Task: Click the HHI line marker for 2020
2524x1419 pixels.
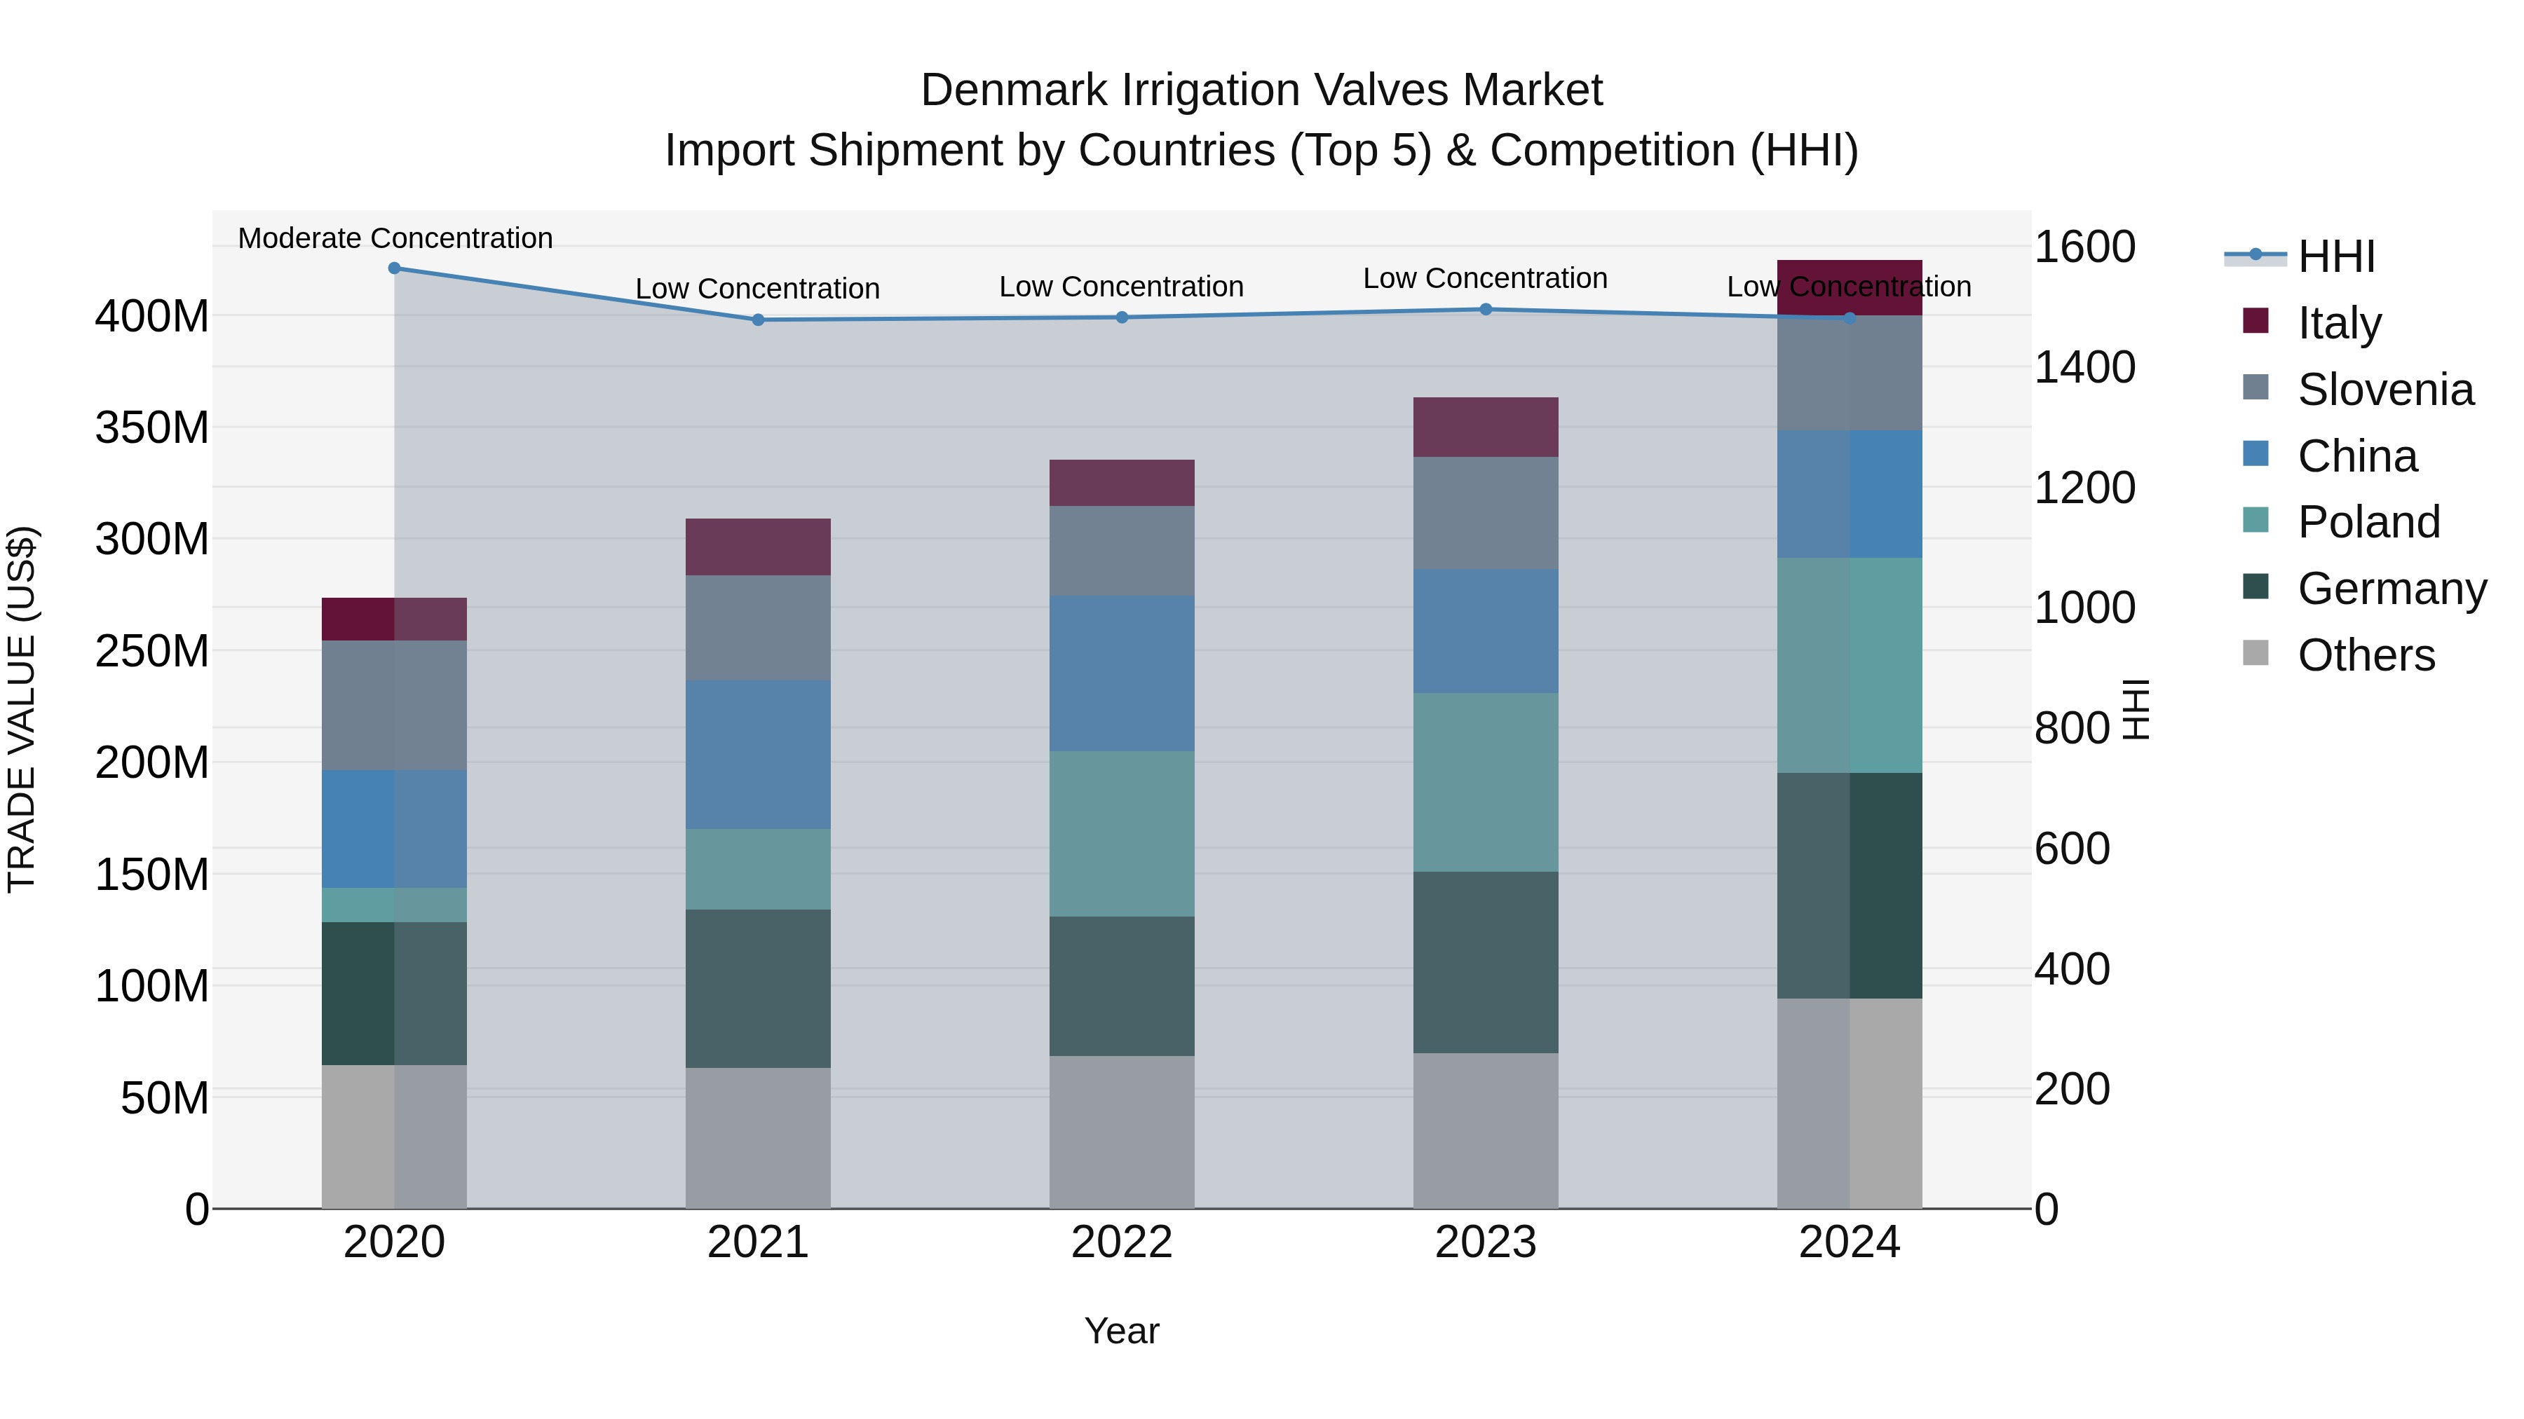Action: (394, 268)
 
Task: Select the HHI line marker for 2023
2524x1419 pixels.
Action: (1486, 310)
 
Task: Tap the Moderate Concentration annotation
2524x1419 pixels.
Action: (395, 238)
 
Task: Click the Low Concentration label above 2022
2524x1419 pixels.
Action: (1121, 287)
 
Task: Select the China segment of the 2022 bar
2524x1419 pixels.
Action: (1121, 673)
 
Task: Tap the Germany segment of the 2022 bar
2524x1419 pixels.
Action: (1121, 985)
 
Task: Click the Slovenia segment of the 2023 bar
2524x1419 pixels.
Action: (1486, 512)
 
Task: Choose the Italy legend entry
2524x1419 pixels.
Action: (2339, 322)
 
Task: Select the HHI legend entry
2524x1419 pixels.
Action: (2336, 256)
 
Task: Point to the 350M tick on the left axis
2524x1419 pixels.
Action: (152, 428)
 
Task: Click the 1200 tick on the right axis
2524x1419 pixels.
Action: (2084, 488)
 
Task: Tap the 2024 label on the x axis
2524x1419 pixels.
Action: (1849, 1242)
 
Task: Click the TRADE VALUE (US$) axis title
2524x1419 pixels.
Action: (22, 709)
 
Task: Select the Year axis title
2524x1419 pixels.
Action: (1121, 1331)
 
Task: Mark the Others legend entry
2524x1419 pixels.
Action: (2366, 654)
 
